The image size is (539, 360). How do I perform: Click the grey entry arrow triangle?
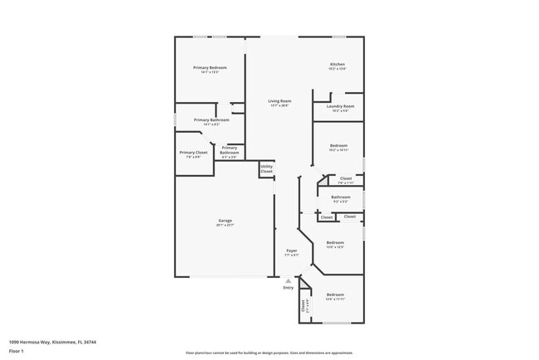click(289, 280)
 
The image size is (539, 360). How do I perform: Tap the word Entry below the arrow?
click(289, 288)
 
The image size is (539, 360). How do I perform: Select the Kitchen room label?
click(337, 64)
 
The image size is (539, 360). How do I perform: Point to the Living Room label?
click(279, 101)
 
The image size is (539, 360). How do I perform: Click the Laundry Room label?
click(340, 106)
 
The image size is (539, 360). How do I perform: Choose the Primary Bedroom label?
click(210, 67)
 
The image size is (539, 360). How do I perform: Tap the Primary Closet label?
click(192, 153)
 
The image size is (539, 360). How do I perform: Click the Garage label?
click(225, 221)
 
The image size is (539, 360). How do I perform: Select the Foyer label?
click(292, 251)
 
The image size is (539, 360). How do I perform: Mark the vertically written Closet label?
click(303, 306)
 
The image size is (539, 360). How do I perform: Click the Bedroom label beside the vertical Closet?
click(335, 295)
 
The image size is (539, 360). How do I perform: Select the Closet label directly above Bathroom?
click(346, 178)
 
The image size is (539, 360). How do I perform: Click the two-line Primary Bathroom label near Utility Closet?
click(229, 150)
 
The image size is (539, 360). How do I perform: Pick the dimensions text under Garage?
click(225, 226)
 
